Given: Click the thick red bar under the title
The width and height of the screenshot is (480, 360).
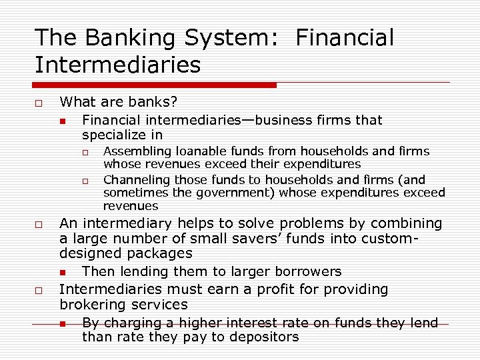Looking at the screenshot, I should coord(155,85).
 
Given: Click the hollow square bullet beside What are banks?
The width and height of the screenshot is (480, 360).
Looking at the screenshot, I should coord(39,103).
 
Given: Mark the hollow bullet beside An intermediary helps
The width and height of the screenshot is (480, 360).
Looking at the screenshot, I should coord(39,224).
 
